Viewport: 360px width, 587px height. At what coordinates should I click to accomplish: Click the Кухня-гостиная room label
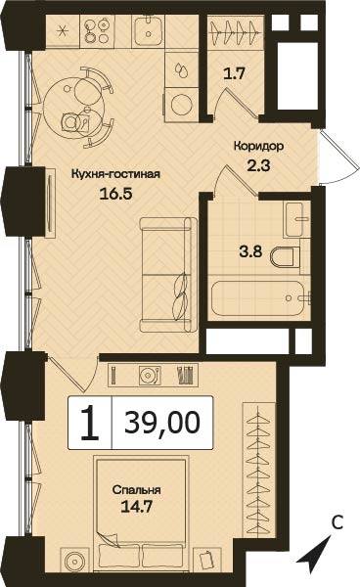(x=115, y=174)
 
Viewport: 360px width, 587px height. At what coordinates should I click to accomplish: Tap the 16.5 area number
(x=116, y=194)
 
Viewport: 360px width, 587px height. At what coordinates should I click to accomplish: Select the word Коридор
(x=258, y=147)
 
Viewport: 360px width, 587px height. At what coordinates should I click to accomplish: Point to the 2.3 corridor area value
(x=258, y=164)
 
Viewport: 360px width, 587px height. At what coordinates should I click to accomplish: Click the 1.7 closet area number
(x=234, y=73)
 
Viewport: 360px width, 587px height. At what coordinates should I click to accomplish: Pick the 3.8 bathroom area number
(x=250, y=251)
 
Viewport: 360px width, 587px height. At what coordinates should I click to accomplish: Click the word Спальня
(x=136, y=490)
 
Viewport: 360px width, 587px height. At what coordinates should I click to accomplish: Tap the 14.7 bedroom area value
(x=136, y=507)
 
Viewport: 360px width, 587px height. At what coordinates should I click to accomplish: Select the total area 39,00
(x=162, y=422)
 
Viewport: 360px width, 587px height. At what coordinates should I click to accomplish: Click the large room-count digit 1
(x=90, y=423)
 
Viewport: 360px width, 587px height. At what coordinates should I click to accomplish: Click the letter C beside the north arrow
(x=337, y=523)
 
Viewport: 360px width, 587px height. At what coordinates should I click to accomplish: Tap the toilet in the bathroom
(x=285, y=257)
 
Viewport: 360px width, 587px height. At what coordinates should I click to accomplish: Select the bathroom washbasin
(x=297, y=219)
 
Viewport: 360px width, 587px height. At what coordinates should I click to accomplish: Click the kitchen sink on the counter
(x=148, y=31)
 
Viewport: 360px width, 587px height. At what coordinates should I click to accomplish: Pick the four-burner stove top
(x=97, y=31)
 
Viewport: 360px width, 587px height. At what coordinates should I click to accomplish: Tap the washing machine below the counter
(x=181, y=105)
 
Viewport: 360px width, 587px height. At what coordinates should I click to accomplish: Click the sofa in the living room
(x=168, y=275)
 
